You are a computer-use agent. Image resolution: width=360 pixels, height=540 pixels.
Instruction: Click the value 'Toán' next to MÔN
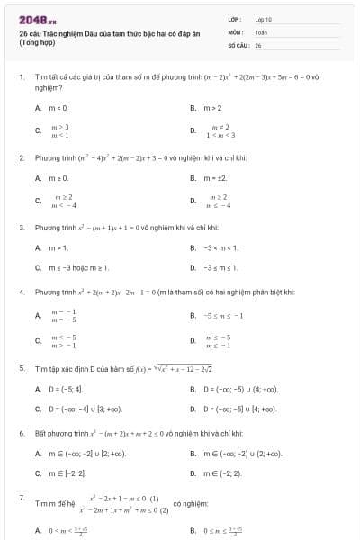point(261,31)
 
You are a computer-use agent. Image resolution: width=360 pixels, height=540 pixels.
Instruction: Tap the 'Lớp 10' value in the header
point(263,19)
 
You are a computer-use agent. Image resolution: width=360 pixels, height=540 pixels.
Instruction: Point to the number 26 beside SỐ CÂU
point(258,44)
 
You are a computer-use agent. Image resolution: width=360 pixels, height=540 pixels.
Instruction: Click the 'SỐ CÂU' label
point(237,44)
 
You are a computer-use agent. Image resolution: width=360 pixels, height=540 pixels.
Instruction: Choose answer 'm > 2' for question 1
point(212,107)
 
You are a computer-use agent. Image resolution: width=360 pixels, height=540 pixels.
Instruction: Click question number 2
point(21,157)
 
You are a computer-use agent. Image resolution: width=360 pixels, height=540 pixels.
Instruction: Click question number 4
point(21,292)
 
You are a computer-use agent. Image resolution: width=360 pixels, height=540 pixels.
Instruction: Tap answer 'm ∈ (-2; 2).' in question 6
point(221,472)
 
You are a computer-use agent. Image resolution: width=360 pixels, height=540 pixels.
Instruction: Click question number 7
point(21,497)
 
